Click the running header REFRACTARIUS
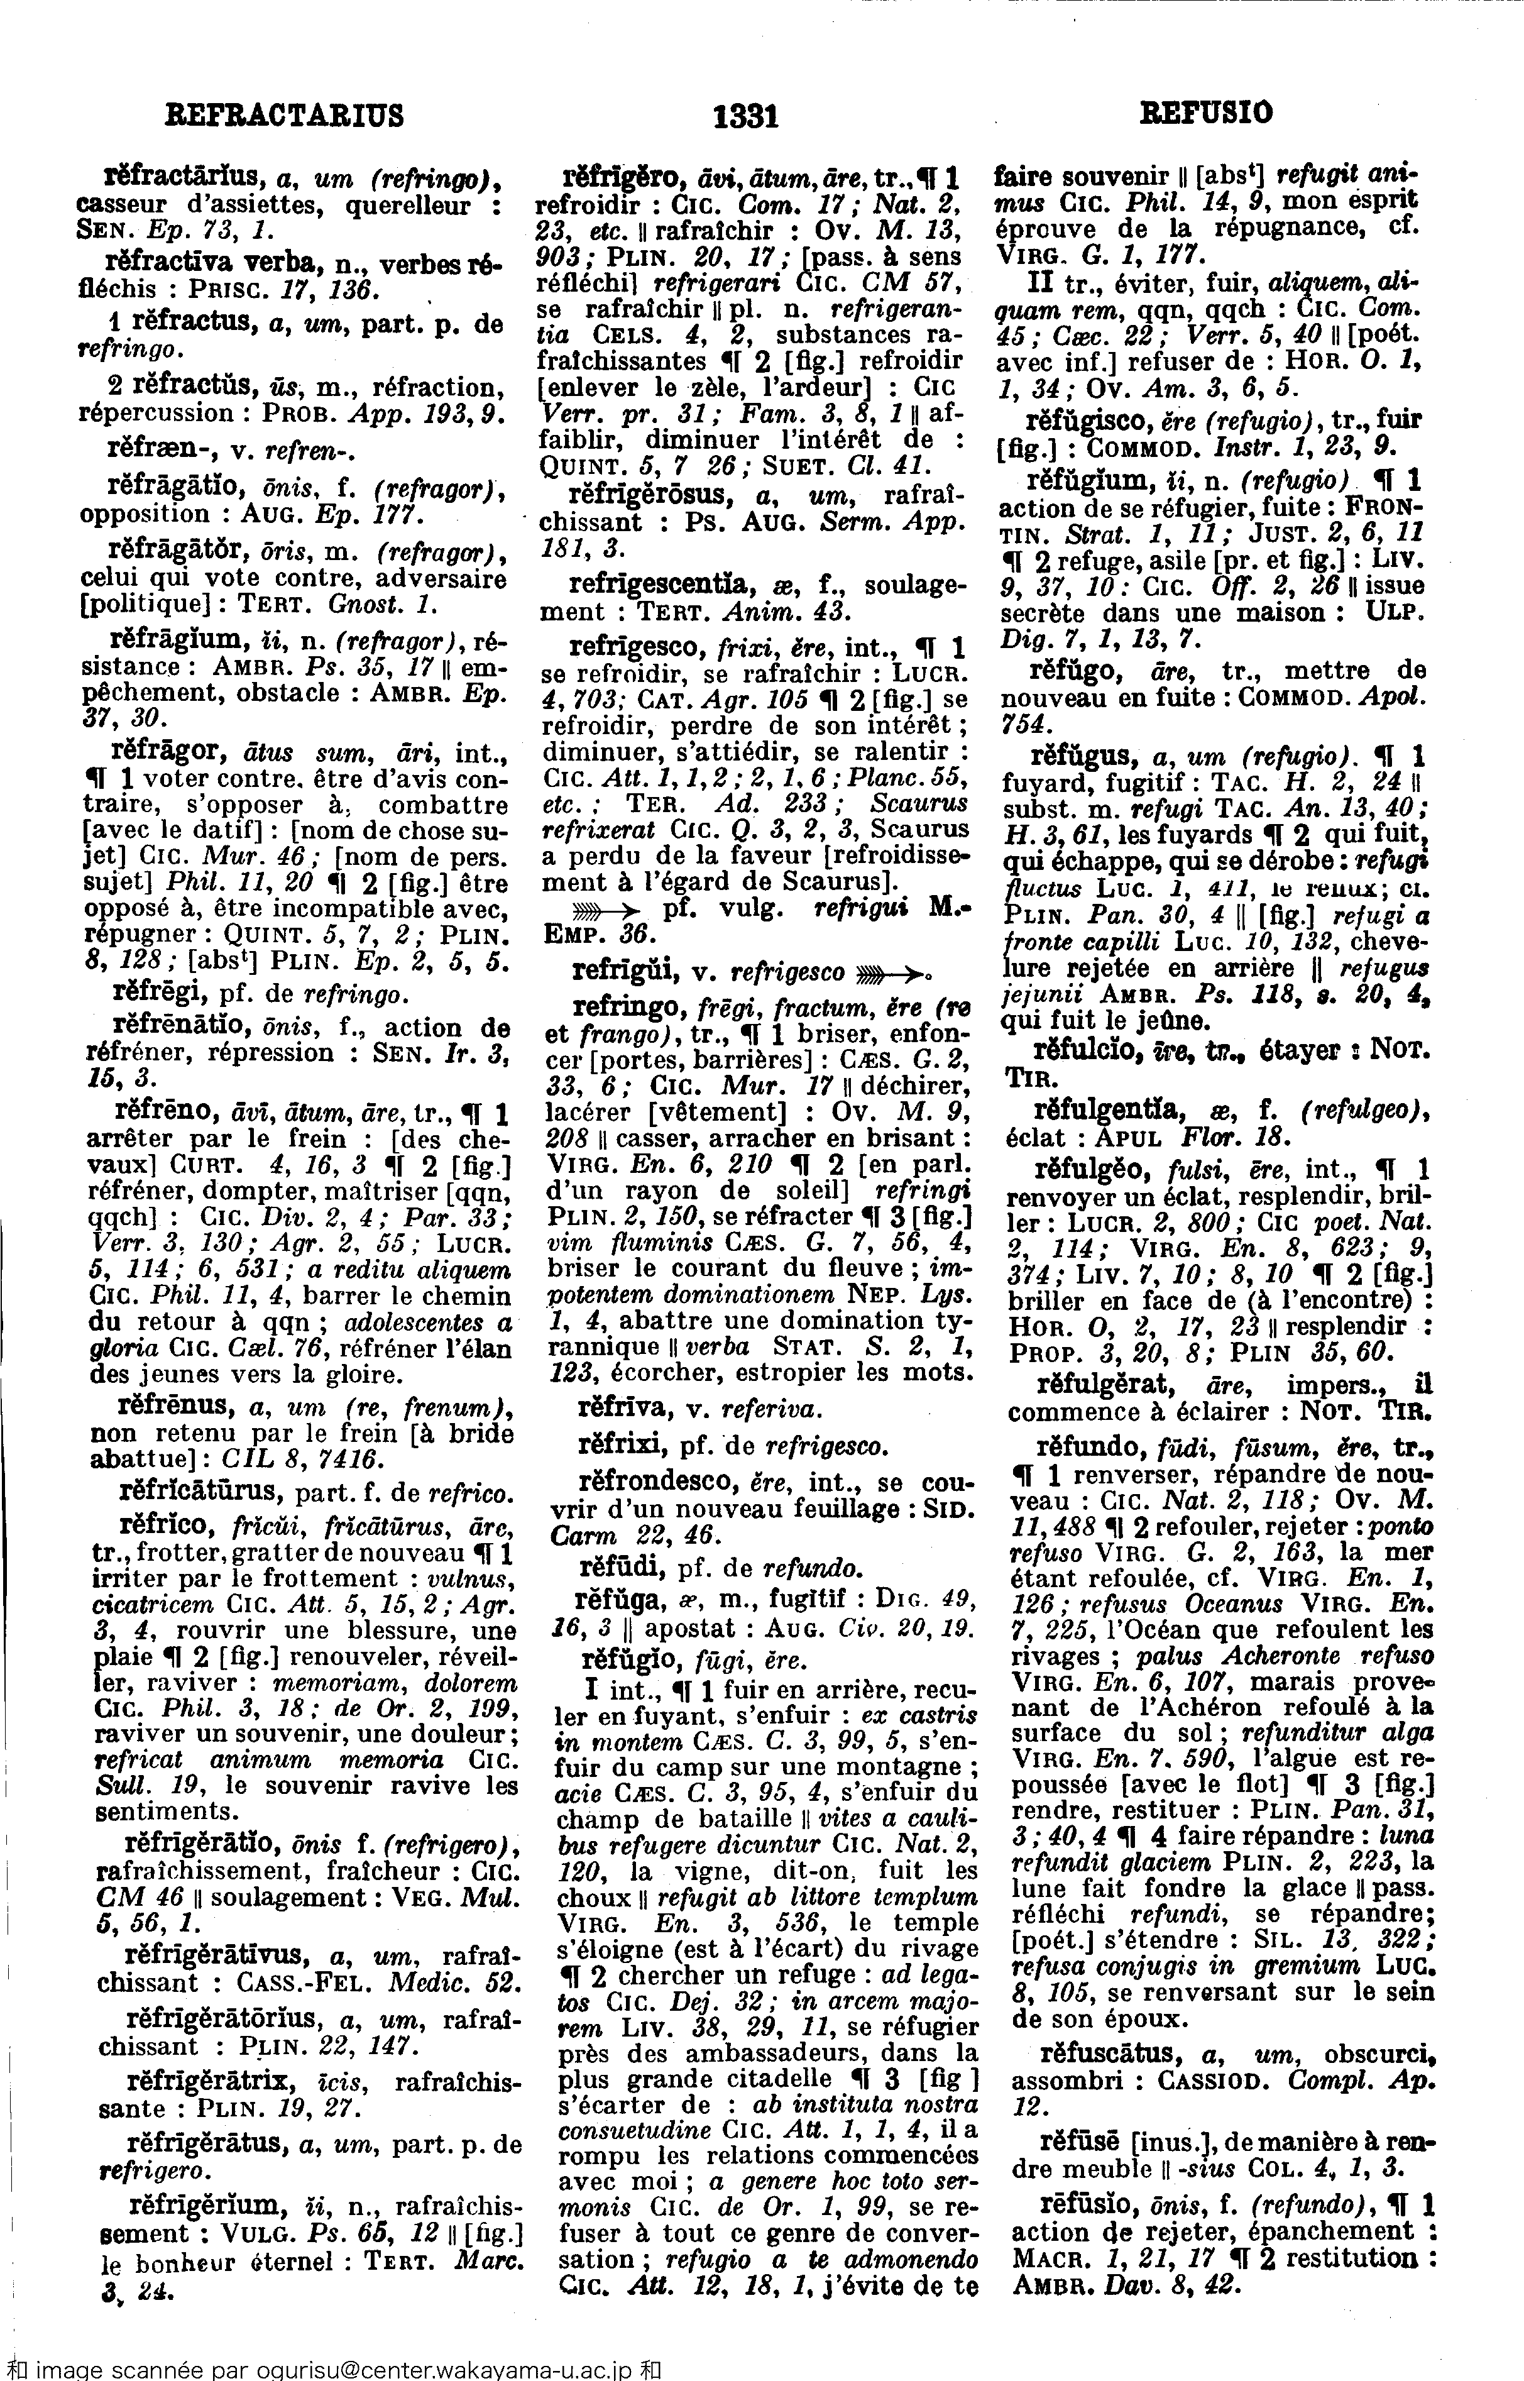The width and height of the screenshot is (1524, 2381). [284, 116]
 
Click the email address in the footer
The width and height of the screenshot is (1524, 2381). [434, 2371]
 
